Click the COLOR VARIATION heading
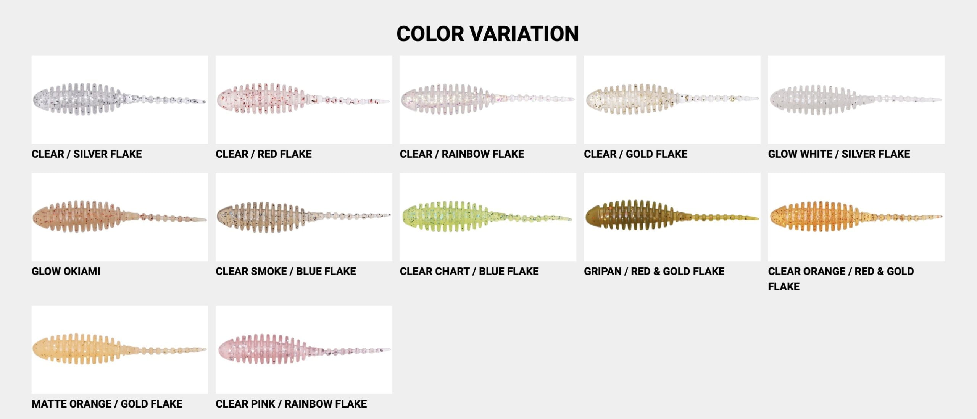487,34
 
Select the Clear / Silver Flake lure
119,99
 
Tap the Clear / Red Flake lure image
303,99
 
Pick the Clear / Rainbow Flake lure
488,99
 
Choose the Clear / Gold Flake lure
672,99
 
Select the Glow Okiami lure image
119,217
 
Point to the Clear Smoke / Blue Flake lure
303,217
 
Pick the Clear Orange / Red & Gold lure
856,216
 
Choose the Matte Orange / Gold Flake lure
119,349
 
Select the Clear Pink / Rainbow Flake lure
303,349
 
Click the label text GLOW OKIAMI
66,272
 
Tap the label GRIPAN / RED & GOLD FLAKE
654,272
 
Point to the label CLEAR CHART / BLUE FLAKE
469,272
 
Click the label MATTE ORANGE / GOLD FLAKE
107,404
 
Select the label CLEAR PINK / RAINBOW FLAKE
291,404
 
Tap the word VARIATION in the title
524,34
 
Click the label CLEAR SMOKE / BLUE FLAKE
286,272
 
